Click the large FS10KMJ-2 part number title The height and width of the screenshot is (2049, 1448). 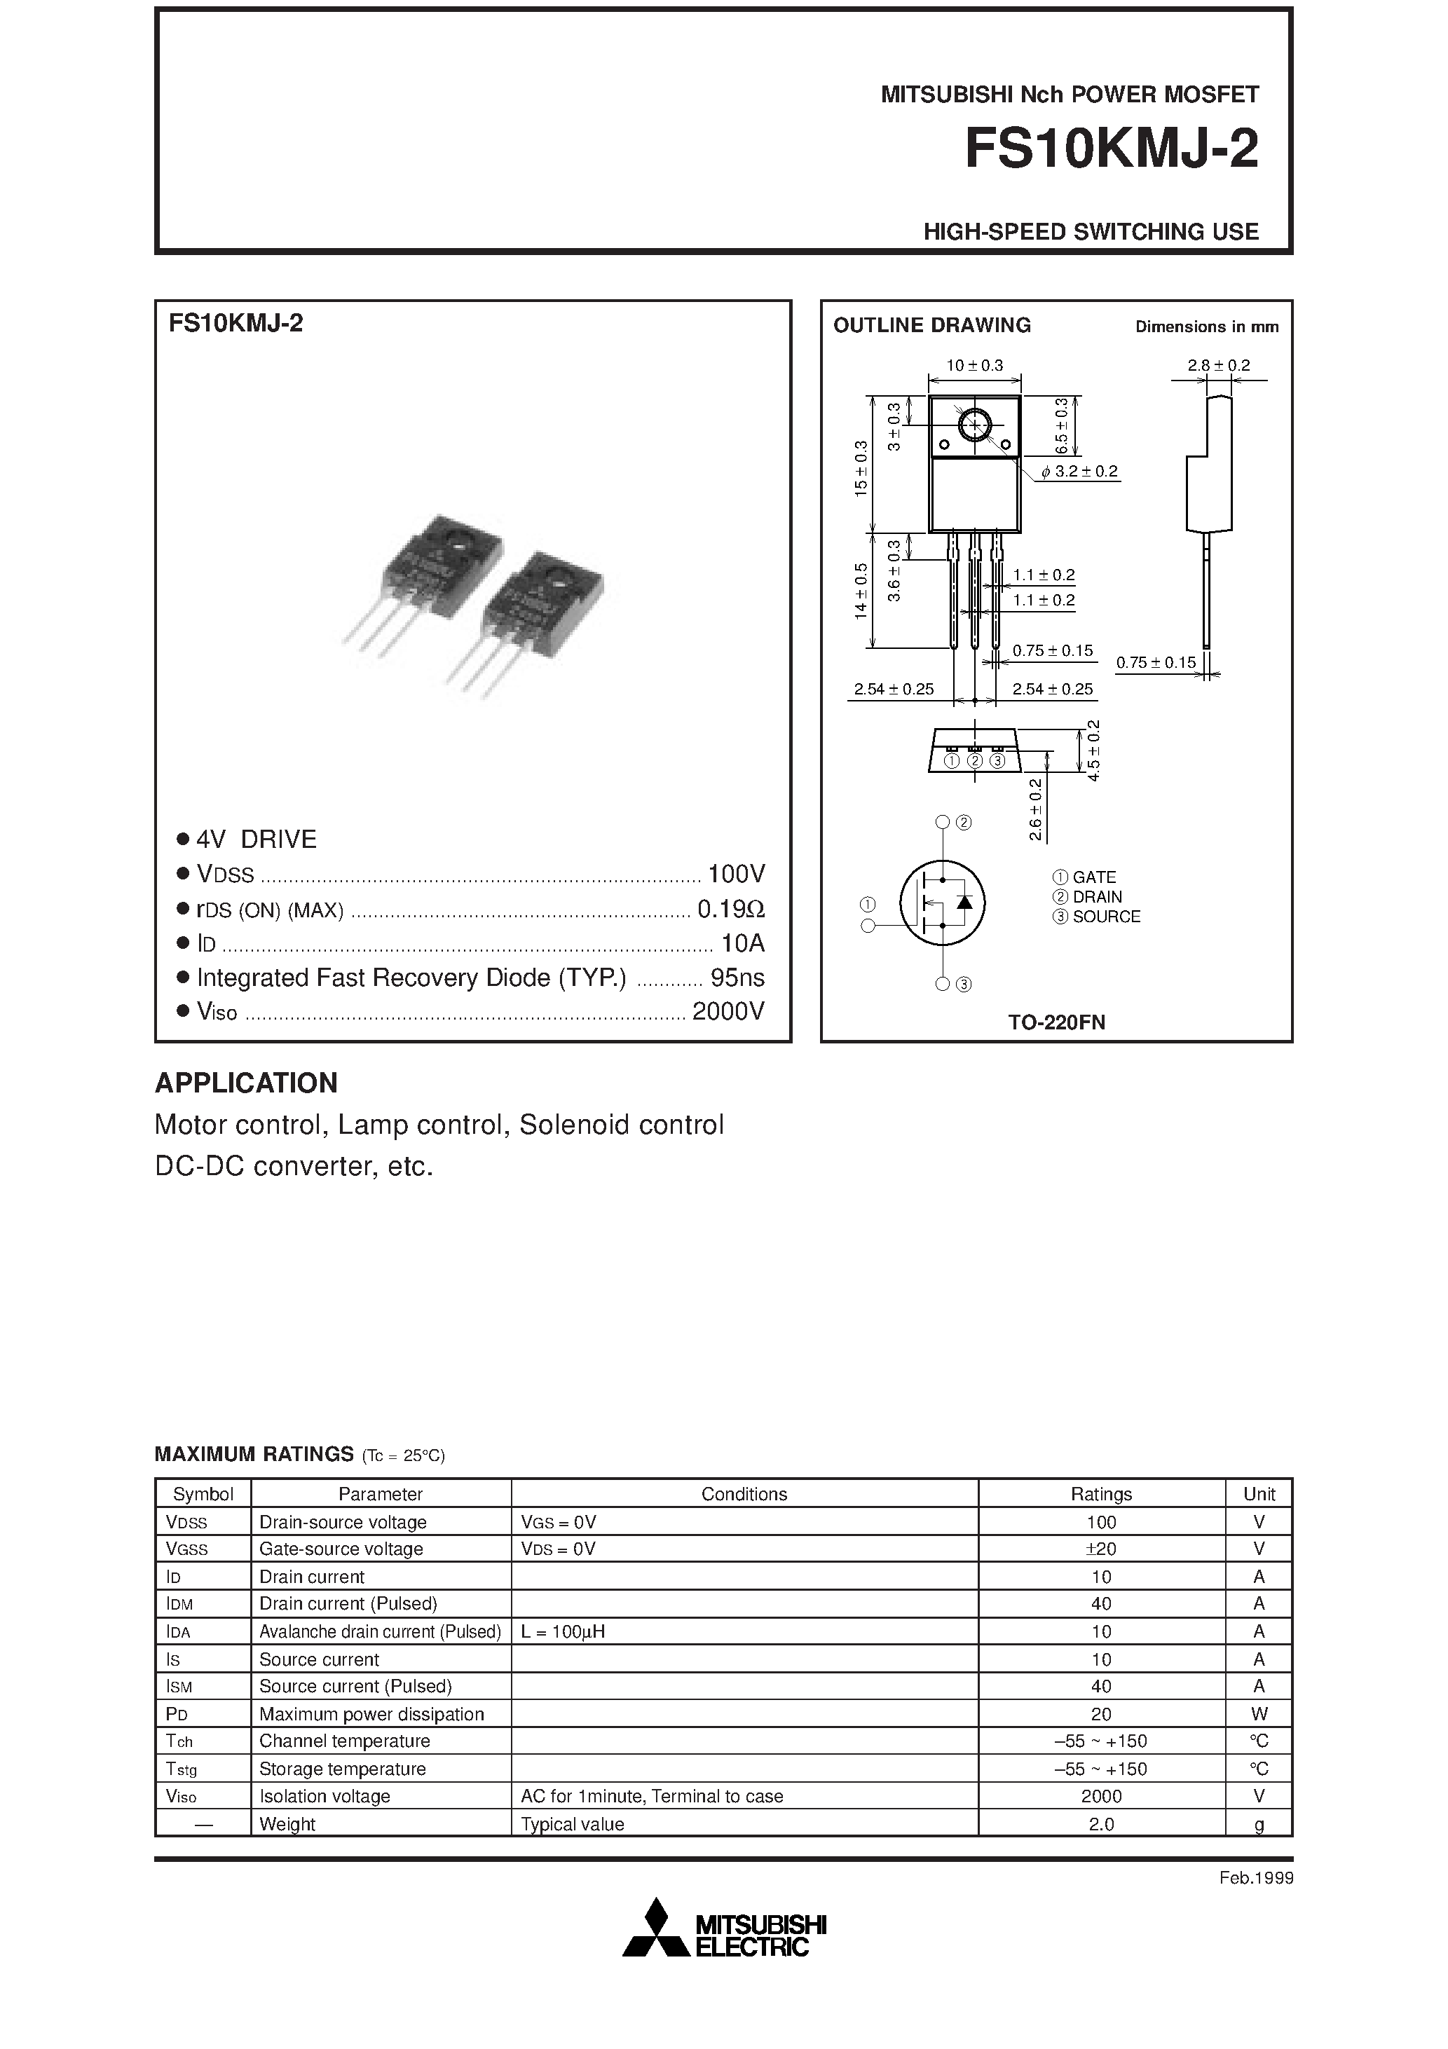1112,149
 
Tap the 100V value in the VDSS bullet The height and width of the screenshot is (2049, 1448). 736,874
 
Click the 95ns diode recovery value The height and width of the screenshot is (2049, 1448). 737,978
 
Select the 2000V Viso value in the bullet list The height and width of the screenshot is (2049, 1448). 728,1011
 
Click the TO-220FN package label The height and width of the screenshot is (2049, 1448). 1056,1022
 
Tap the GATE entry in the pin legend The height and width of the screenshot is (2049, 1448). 1093,877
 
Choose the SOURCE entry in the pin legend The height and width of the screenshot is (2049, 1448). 1106,917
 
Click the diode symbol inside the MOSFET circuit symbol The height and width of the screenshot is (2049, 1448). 964,901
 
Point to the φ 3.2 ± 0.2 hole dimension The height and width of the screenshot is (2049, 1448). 1079,471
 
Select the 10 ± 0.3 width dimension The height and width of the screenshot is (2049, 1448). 974,365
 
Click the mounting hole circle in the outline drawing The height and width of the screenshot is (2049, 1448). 974,425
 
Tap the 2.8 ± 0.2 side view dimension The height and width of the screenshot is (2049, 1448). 1219,365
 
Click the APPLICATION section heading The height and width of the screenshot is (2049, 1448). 247,1083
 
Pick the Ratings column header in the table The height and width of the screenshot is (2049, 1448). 1101,1494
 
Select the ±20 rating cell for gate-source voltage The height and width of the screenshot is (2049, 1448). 1101,1549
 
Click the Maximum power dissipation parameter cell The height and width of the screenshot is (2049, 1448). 371,1713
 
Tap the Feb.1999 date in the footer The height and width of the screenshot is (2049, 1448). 1255,1877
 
